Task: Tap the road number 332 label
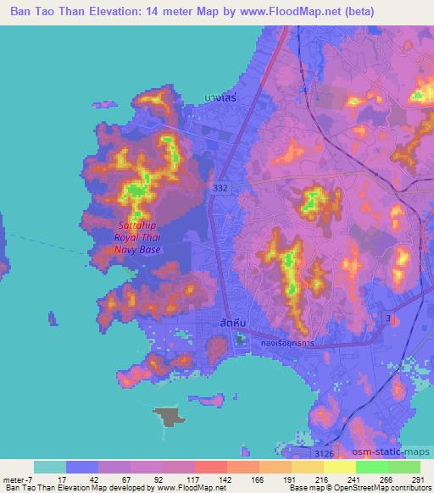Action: click(x=220, y=186)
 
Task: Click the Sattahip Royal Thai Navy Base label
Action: click(x=139, y=238)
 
